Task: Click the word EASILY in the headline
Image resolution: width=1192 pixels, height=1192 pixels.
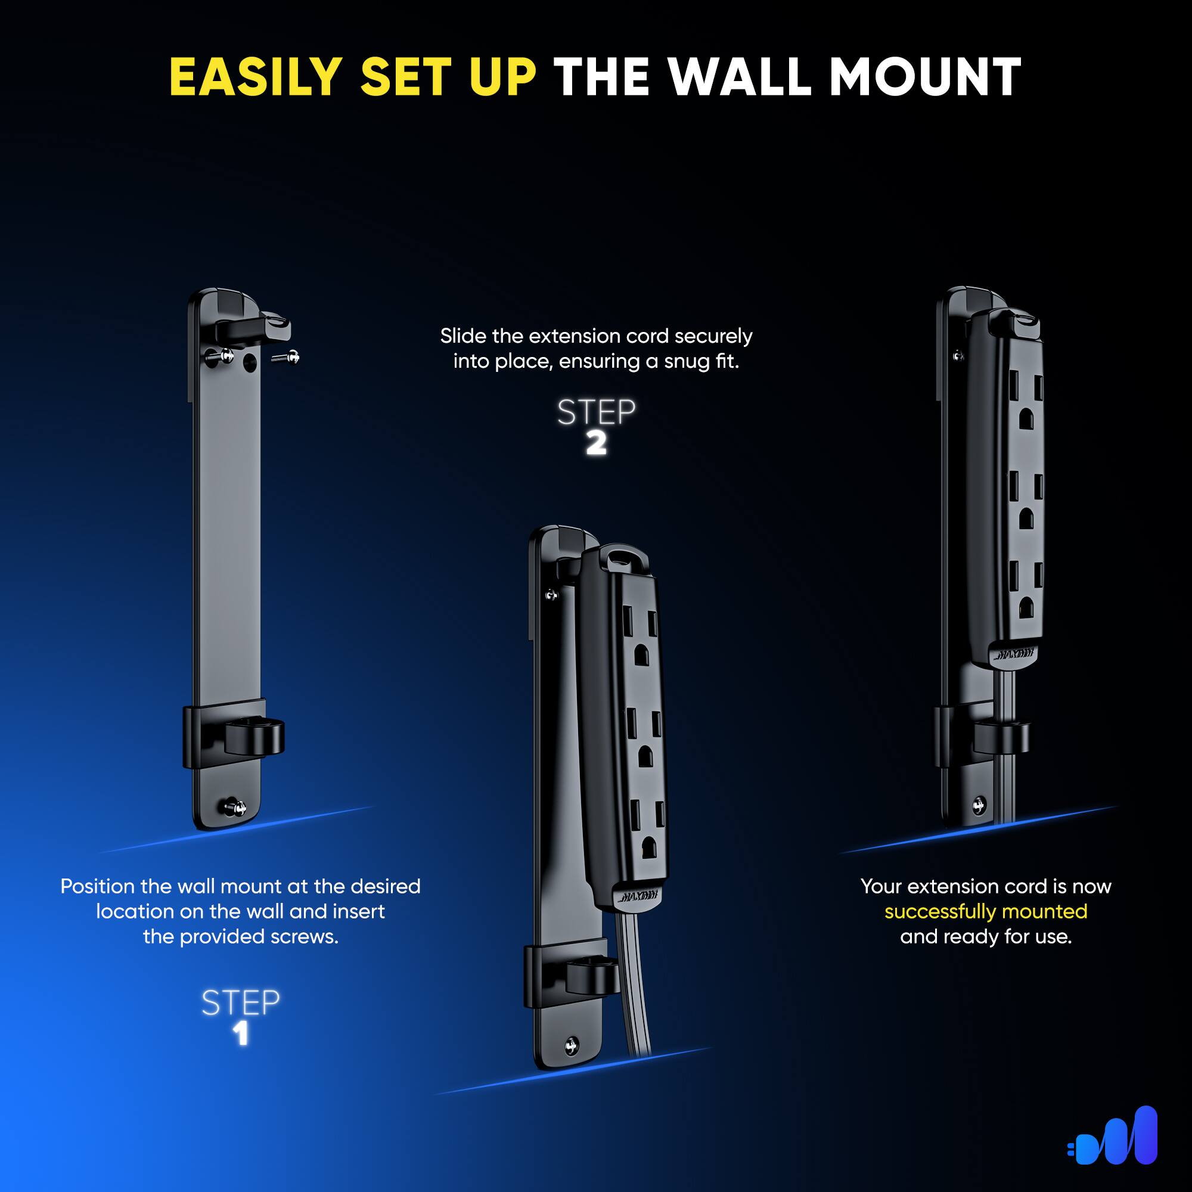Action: pos(256,77)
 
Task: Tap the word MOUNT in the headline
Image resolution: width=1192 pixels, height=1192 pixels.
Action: pos(925,77)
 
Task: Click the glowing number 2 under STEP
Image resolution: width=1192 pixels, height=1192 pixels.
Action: pos(596,443)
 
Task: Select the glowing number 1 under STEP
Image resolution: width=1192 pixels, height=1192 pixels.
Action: pos(241,1033)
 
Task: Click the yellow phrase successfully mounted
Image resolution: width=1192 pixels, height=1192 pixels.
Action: pos(985,911)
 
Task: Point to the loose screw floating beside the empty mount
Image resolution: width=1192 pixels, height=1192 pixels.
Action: pos(286,356)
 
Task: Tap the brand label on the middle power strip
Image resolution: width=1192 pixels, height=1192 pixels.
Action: pos(637,895)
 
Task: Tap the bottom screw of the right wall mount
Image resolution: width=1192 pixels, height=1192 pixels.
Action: pos(979,805)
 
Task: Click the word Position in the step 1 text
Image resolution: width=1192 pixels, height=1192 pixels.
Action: pos(98,887)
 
